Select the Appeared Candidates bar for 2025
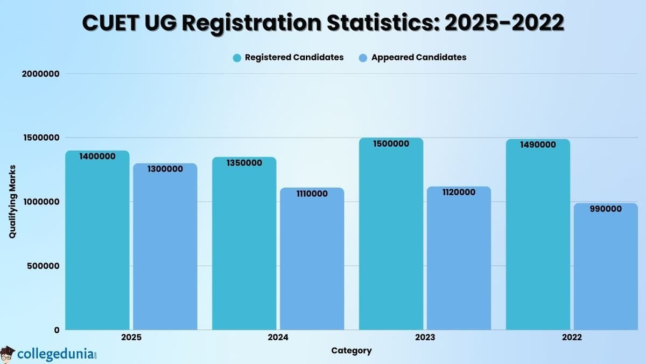tap(165, 248)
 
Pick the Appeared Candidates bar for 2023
tap(459, 259)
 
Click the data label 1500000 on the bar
tap(391, 144)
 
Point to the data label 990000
tap(605, 209)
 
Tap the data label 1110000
tap(312, 194)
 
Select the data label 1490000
tap(538, 145)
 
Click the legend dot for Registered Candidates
tap(237, 58)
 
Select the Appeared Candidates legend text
tap(419, 57)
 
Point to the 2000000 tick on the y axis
tap(41, 74)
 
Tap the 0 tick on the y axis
tap(56, 330)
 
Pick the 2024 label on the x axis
tap(278, 338)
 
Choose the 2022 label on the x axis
tap(571, 338)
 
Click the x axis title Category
tap(351, 351)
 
